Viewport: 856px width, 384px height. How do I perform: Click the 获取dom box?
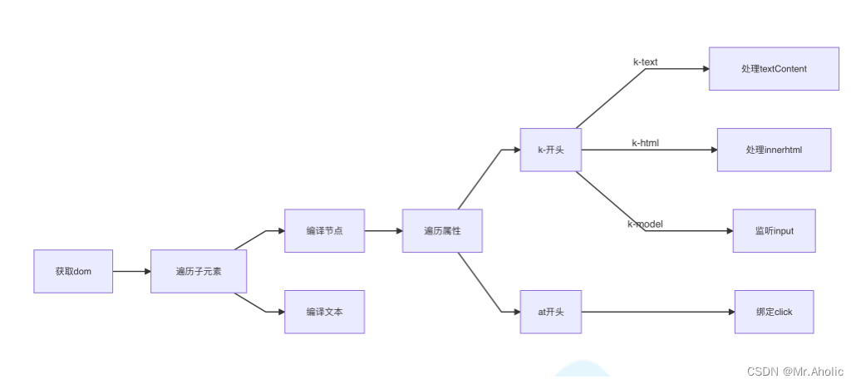[73, 271]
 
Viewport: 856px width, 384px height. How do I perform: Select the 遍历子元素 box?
[199, 271]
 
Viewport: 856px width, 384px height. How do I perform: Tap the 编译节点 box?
[324, 230]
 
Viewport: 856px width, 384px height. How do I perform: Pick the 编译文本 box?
[324, 312]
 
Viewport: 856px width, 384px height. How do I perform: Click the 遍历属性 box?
[442, 230]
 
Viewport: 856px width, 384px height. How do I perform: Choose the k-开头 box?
[550, 150]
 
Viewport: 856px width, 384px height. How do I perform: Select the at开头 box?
[550, 312]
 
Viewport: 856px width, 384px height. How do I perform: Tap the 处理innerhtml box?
[774, 150]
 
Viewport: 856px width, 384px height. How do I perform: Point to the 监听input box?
[774, 230]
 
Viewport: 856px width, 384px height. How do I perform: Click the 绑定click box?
[774, 312]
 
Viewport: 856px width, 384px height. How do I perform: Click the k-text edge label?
[645, 62]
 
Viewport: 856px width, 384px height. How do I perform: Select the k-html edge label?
[645, 143]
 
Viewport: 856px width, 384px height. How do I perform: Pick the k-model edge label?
[645, 224]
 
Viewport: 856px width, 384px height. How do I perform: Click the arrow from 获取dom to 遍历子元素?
[131, 271]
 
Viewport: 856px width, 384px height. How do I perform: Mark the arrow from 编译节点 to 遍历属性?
[383, 230]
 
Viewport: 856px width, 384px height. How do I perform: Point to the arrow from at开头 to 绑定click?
[657, 312]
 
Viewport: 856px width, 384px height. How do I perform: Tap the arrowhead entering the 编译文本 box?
[280, 312]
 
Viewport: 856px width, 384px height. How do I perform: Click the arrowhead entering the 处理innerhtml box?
[713, 150]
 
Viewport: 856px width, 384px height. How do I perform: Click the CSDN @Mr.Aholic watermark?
[795, 372]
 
